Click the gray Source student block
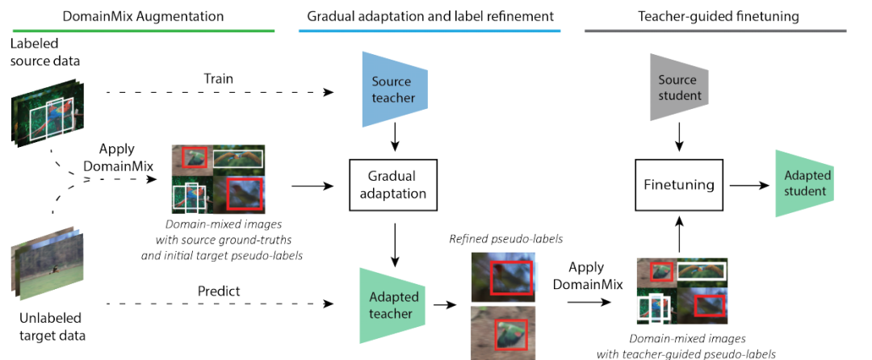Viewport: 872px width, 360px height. coord(677,88)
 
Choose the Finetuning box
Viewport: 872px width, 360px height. coord(678,184)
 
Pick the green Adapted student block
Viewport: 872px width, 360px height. coord(803,183)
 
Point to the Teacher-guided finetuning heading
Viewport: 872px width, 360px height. coord(715,15)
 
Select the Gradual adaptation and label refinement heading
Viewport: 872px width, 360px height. coord(430,15)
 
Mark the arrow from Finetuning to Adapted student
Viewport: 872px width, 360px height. coord(748,184)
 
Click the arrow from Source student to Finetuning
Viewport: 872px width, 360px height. coord(678,137)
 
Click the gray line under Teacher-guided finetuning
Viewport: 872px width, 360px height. coord(715,31)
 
